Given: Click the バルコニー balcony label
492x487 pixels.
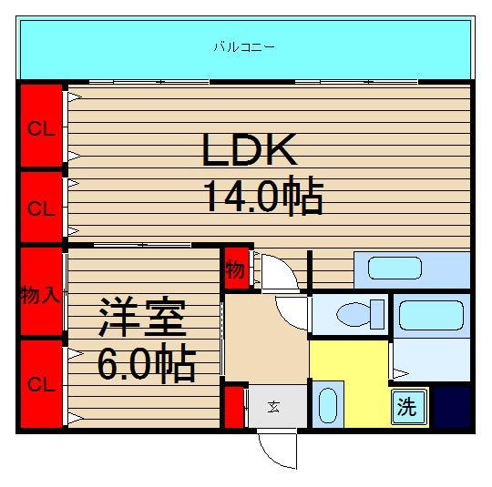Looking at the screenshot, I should [x=243, y=46].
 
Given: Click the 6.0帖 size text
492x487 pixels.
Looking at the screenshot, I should [x=146, y=364].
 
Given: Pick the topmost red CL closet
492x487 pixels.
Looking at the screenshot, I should [x=40, y=127].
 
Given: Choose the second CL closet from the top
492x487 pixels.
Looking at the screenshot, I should [x=40, y=208].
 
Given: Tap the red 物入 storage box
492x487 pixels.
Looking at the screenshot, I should [x=40, y=293].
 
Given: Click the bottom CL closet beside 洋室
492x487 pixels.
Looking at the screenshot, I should [x=40, y=384].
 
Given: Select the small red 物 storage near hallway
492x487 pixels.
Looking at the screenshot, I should [x=235, y=269].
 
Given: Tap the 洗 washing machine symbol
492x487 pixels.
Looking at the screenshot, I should [x=406, y=408].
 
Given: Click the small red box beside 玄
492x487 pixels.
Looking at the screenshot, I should [x=234, y=407].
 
